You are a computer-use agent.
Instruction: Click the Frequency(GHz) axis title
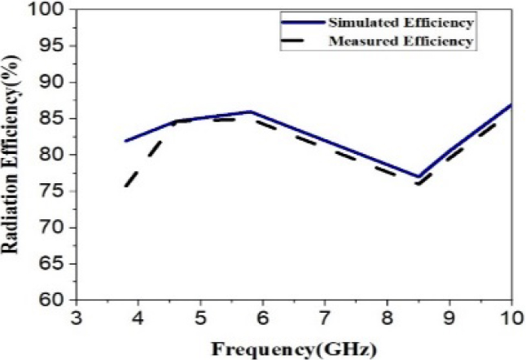[x=294, y=348]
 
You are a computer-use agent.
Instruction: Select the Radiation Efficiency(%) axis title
[x=15, y=155]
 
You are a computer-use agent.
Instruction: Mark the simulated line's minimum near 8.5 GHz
[x=418, y=177]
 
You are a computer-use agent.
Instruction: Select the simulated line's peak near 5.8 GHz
[x=249, y=112]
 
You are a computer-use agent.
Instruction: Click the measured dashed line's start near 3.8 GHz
[x=125, y=187]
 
